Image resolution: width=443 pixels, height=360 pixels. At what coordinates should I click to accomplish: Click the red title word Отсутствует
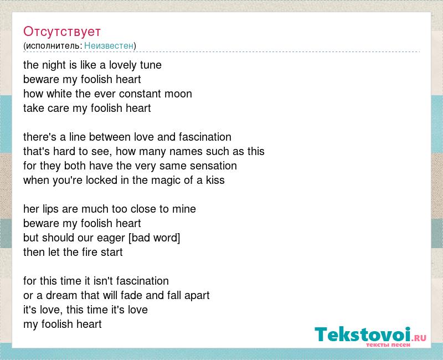pyautogui.click(x=62, y=32)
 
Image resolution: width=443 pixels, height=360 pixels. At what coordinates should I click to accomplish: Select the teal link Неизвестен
pyautogui.click(x=109, y=45)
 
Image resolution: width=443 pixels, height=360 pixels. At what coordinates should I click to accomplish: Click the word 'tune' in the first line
pyautogui.click(x=151, y=65)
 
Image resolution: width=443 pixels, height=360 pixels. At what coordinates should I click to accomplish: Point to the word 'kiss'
pyautogui.click(x=215, y=181)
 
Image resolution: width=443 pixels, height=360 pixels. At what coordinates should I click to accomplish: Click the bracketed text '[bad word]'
pyautogui.click(x=154, y=238)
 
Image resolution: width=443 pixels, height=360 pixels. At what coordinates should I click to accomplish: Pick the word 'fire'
pyautogui.click(x=89, y=252)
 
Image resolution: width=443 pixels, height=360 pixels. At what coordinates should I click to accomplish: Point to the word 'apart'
pyautogui.click(x=197, y=296)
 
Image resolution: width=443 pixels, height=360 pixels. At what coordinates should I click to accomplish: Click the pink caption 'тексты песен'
pyautogui.click(x=388, y=345)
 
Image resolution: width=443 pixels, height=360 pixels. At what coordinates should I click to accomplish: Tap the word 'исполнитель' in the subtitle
pyautogui.click(x=53, y=46)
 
